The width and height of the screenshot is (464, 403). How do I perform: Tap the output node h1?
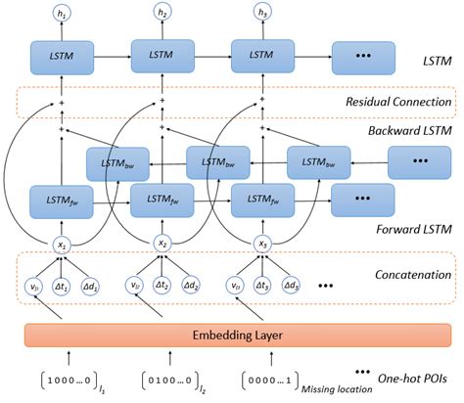(64, 14)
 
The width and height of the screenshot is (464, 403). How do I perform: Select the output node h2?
(163, 14)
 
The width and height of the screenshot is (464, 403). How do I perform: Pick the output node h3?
(262, 14)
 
